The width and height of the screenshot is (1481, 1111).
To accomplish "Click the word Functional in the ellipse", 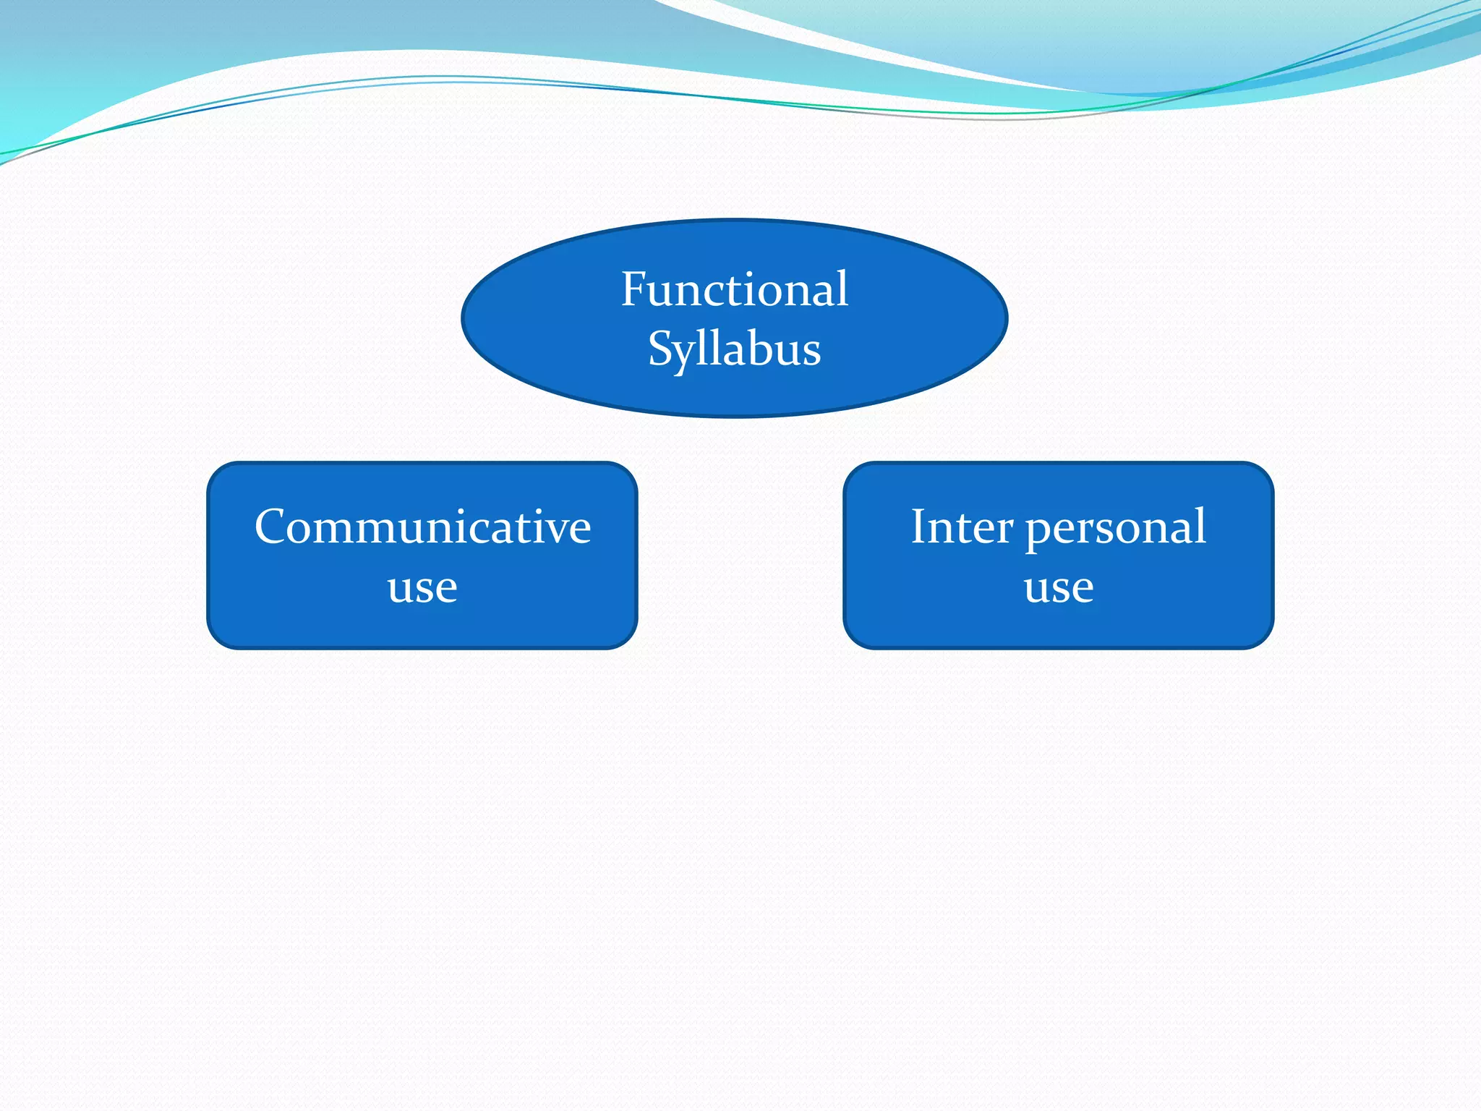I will pos(734,289).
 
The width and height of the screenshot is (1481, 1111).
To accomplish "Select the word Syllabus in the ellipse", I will pos(734,350).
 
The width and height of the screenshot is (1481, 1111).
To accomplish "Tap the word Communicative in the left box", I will pos(422,527).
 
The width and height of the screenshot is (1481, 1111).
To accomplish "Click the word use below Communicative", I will pos(422,587).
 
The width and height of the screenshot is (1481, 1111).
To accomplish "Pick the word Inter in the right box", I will pos(961,527).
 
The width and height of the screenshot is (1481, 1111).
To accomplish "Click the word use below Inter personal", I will pos(1058,587).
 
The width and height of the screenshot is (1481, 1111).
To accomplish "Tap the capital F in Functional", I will pos(634,289).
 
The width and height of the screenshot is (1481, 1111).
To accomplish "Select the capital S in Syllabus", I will pos(661,349).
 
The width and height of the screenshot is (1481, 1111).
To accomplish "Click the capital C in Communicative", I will pos(273,527).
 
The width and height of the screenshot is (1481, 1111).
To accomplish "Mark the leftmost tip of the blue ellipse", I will pos(462,318).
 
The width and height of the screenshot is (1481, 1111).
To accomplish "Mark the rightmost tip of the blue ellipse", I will pos(1007,318).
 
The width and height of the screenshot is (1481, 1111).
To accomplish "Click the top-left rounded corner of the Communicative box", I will pos(216,472).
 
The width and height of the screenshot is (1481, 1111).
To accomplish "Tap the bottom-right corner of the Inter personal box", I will pos(1264,639).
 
